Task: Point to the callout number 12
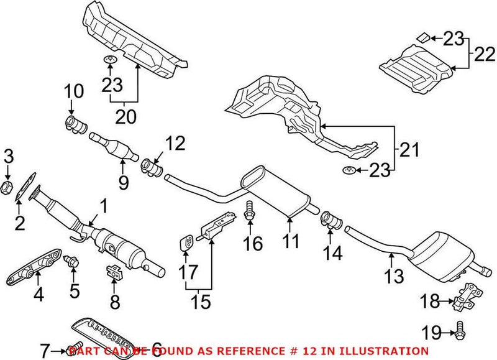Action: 176,144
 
